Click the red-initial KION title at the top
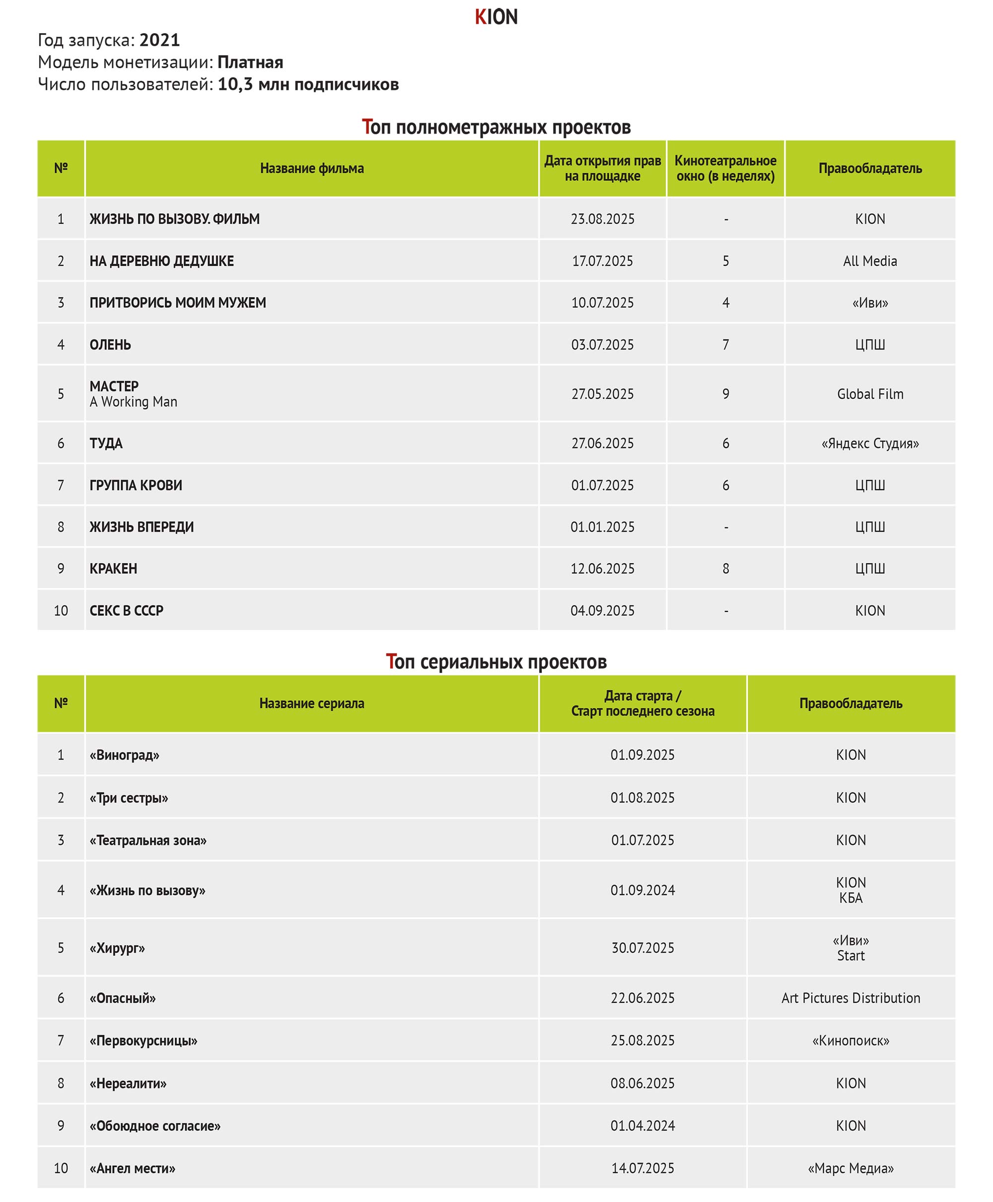pyautogui.click(x=496, y=17)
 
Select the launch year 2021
pyautogui.click(x=159, y=40)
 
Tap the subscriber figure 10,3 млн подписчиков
pyautogui.click(x=308, y=84)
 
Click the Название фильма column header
pyautogui.click(x=312, y=168)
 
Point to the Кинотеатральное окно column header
pyautogui.click(x=725, y=168)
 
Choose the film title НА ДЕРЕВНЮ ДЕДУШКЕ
pyautogui.click(x=162, y=261)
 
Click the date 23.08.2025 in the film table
pyautogui.click(x=602, y=219)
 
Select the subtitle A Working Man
pyautogui.click(x=133, y=402)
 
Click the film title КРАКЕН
pyautogui.click(x=113, y=569)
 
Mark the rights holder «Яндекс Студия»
pyautogui.click(x=870, y=444)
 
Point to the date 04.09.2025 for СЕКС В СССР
pyautogui.click(x=602, y=610)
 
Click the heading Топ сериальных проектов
pyautogui.click(x=496, y=662)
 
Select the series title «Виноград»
pyautogui.click(x=124, y=755)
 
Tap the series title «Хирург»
pyautogui.click(x=117, y=948)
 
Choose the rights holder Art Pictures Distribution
pyautogui.click(x=851, y=998)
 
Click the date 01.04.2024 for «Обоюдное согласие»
pyautogui.click(x=642, y=1126)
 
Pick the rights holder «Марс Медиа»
pyautogui.click(x=851, y=1168)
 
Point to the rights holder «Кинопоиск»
pyautogui.click(x=851, y=1041)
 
